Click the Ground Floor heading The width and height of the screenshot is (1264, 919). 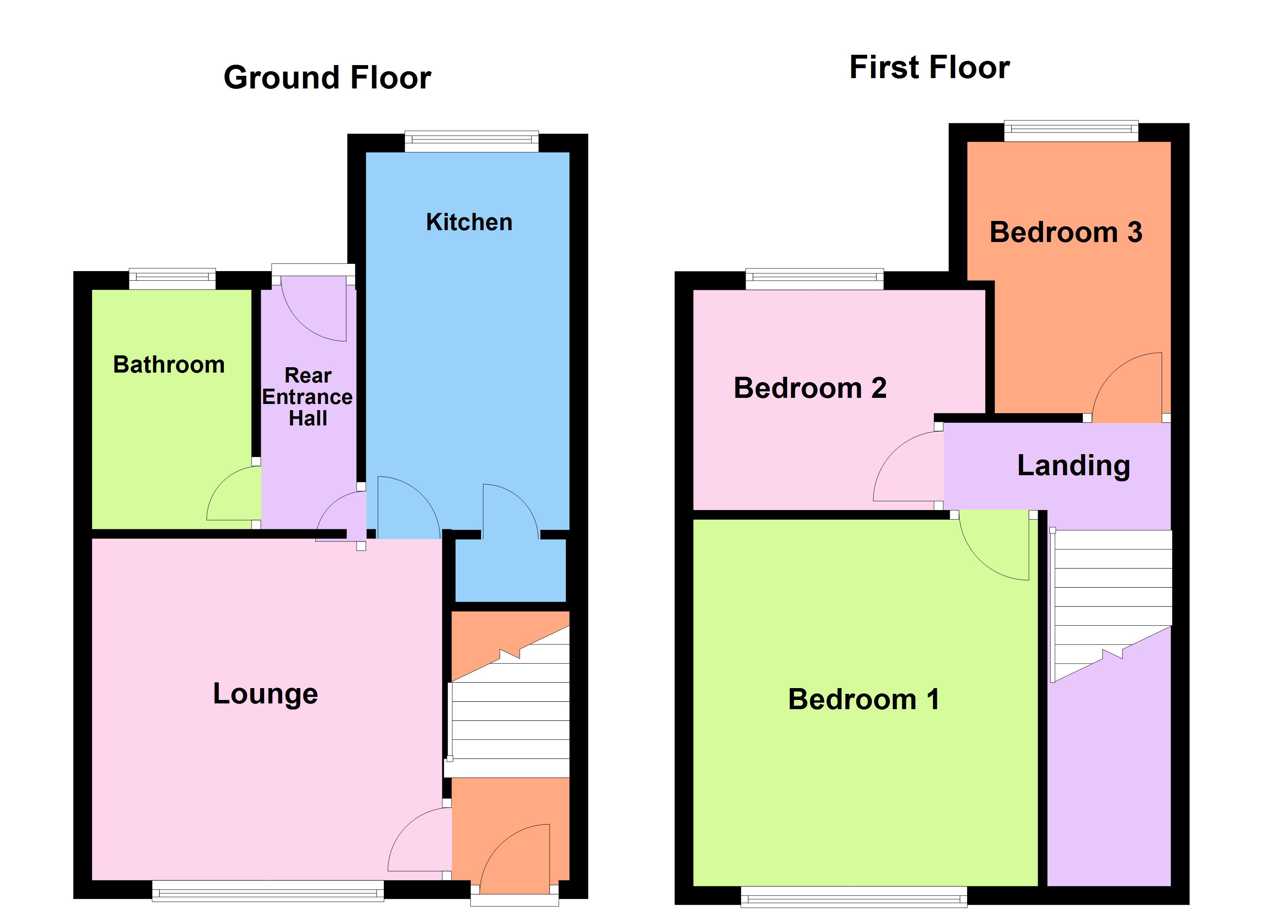pyautogui.click(x=327, y=77)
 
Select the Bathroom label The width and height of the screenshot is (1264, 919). pyautogui.click(x=169, y=365)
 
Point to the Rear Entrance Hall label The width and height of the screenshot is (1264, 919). pyautogui.click(x=308, y=397)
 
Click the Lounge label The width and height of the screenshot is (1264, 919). pyautogui.click(x=265, y=694)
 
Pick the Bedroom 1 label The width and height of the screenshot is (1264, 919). pyautogui.click(x=863, y=700)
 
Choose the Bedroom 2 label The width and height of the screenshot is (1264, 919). pyautogui.click(x=810, y=388)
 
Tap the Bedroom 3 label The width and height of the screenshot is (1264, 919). pyautogui.click(x=1066, y=232)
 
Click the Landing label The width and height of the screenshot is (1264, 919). pyautogui.click(x=1073, y=466)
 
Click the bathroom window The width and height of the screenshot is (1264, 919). pyautogui.click(x=172, y=279)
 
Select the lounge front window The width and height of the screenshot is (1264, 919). pyautogui.click(x=268, y=891)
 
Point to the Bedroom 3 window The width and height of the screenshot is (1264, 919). pyautogui.click(x=1071, y=131)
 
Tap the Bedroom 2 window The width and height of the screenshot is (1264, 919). pyautogui.click(x=814, y=279)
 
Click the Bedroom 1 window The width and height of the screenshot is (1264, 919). pyautogui.click(x=854, y=897)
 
